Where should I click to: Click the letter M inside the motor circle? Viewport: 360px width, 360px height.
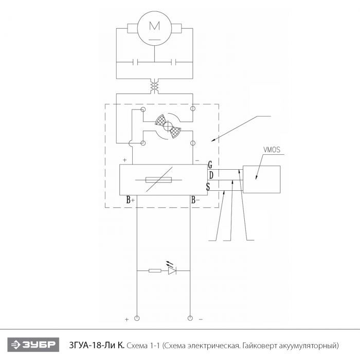(x=154, y=26)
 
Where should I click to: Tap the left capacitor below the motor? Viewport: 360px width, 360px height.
(x=135, y=62)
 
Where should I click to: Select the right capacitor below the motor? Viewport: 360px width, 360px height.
(x=174, y=62)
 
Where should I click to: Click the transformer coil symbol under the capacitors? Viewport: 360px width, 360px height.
(x=154, y=86)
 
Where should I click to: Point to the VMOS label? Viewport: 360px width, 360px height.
(x=272, y=150)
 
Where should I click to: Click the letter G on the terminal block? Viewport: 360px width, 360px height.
(x=210, y=165)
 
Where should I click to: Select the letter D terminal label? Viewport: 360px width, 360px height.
(x=211, y=175)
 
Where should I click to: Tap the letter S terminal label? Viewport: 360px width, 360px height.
(x=208, y=186)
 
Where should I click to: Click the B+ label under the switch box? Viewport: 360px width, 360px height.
(x=131, y=200)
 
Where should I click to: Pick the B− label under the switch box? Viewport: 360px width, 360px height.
(x=195, y=200)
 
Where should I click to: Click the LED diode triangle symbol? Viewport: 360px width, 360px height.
(x=172, y=271)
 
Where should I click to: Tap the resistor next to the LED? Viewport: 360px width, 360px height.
(x=155, y=271)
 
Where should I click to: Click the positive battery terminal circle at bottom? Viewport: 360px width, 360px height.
(x=137, y=318)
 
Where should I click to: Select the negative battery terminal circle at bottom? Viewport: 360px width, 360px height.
(x=190, y=318)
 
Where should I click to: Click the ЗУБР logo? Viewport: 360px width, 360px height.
(x=33, y=345)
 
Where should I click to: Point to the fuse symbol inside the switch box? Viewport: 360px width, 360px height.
(x=158, y=180)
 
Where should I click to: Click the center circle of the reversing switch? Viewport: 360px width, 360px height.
(x=168, y=126)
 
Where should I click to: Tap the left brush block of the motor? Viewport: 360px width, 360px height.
(x=133, y=28)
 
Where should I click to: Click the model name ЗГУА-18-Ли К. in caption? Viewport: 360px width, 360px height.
(x=97, y=345)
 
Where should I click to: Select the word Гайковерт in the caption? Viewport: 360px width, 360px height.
(x=261, y=345)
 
